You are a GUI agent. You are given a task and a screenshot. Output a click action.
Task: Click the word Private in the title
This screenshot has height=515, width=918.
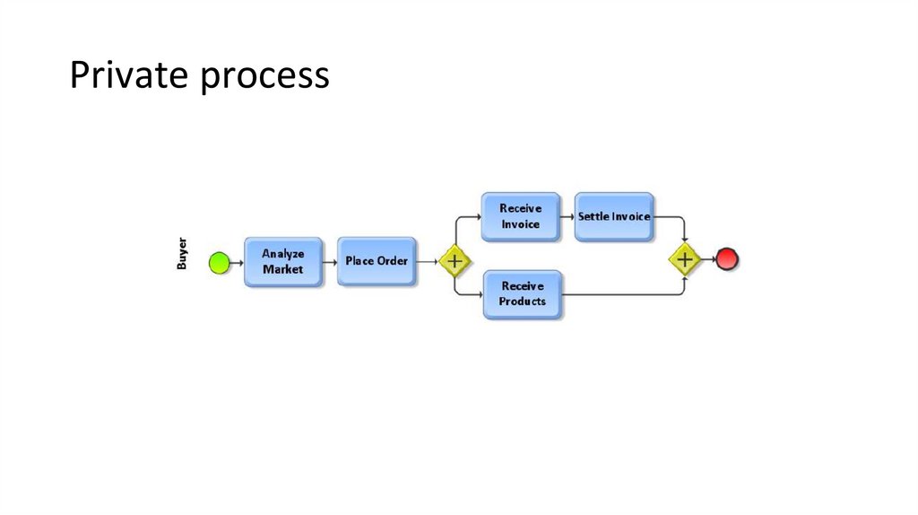click(x=130, y=76)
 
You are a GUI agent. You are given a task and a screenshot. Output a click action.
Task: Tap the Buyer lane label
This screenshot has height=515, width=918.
click(x=182, y=254)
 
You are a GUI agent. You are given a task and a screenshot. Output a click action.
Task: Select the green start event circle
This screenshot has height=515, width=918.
click(x=219, y=262)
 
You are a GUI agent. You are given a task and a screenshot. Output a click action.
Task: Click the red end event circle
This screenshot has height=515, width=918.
click(x=726, y=260)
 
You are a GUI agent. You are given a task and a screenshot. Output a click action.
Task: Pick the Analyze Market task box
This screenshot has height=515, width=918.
click(x=282, y=262)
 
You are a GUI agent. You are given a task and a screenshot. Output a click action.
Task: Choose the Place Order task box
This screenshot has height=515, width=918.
click(x=377, y=261)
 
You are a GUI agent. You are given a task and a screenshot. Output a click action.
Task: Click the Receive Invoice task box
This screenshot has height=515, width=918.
click(x=520, y=216)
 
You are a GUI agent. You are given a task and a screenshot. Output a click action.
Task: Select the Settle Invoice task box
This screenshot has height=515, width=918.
click(x=614, y=216)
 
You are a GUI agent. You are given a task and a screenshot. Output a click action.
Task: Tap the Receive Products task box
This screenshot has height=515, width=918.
click(x=522, y=294)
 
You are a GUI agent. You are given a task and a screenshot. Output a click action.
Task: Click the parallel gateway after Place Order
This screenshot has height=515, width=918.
click(x=455, y=261)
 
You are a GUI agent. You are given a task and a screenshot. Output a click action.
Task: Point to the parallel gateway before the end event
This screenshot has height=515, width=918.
click(x=685, y=260)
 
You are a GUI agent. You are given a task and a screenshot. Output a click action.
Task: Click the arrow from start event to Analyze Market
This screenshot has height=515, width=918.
click(x=237, y=262)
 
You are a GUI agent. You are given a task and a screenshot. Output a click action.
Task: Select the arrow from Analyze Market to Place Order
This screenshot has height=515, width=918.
click(x=330, y=262)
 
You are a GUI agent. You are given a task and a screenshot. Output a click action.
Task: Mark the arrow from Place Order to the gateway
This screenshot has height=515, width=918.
click(x=428, y=262)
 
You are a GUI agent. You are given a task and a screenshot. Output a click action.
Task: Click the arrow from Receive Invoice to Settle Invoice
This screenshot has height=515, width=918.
click(x=567, y=216)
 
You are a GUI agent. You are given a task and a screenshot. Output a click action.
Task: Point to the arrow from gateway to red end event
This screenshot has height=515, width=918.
click(x=706, y=260)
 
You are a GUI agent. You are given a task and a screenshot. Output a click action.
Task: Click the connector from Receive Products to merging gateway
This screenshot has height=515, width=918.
click(x=628, y=294)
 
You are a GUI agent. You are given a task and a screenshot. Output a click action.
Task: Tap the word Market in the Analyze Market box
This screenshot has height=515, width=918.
click(x=282, y=269)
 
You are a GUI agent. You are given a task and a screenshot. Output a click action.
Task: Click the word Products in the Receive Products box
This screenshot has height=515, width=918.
click(x=522, y=301)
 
